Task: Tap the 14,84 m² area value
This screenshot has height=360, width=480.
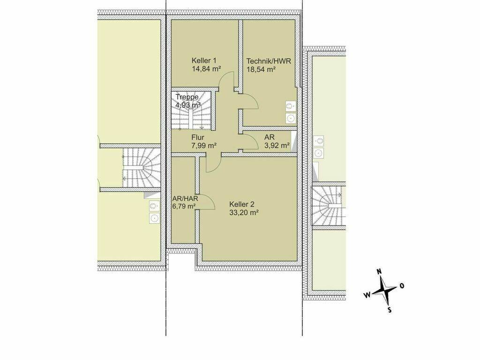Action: (x=206, y=68)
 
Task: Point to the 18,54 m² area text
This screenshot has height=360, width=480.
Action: (x=261, y=69)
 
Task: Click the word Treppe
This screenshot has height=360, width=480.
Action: (x=187, y=97)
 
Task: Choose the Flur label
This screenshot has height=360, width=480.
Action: (x=198, y=137)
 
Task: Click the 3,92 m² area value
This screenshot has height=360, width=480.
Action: (x=277, y=145)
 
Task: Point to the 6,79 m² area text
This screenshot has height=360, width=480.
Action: (x=184, y=207)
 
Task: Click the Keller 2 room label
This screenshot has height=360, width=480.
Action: (x=242, y=204)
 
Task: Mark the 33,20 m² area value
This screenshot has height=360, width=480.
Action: (x=244, y=212)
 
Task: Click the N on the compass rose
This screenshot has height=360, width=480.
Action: (x=379, y=271)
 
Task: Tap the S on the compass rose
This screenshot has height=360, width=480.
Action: (x=390, y=310)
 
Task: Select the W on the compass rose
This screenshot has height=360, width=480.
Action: (x=367, y=294)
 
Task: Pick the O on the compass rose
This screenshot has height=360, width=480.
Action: (x=402, y=285)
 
